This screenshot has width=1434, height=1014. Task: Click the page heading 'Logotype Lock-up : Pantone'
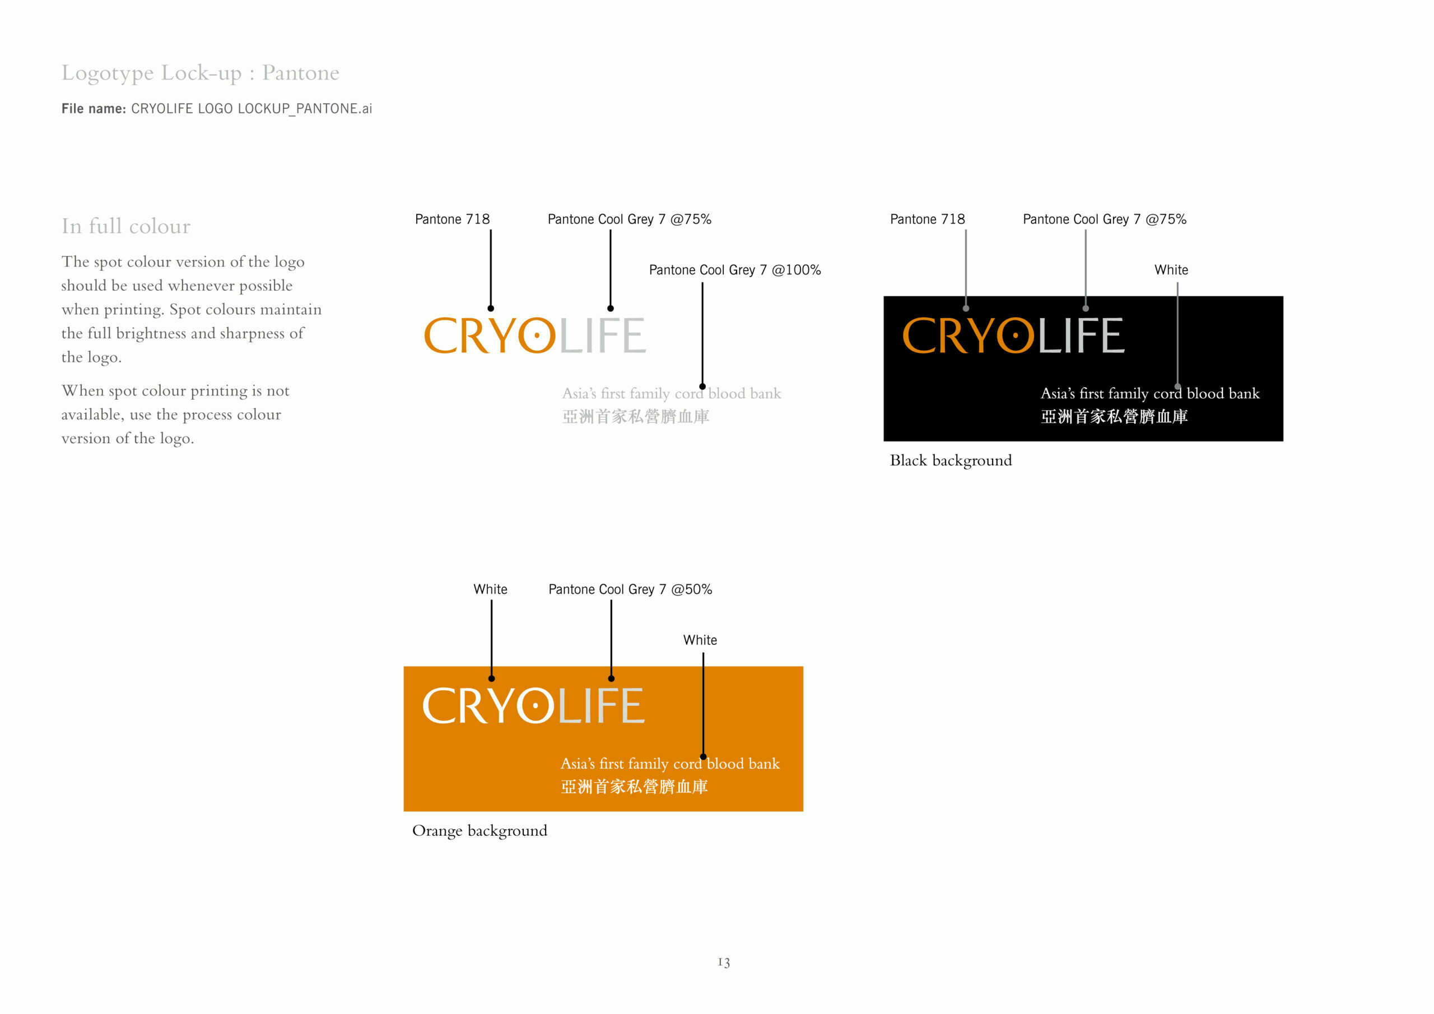tap(201, 73)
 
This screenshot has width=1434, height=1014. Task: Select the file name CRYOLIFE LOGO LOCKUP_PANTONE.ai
tap(252, 109)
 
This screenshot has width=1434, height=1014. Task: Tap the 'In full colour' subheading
tap(125, 226)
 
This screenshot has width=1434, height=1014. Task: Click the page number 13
tap(724, 962)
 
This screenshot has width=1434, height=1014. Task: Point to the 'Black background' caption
tap(951, 461)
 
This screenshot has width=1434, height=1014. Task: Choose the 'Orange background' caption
tap(479, 831)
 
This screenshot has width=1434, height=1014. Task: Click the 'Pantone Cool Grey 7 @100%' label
tap(735, 270)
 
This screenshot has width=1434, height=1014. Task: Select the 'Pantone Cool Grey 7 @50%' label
tap(630, 589)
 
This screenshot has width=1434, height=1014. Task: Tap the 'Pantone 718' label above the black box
tap(928, 219)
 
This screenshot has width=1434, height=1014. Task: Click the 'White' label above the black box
tap(1171, 270)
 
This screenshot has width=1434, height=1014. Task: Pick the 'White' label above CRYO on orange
tap(490, 589)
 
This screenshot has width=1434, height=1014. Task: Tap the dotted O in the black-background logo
tap(1016, 336)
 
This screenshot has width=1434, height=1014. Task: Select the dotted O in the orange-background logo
tap(536, 706)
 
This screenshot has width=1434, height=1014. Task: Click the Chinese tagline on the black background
tap(1114, 417)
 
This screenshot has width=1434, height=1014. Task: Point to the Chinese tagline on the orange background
tap(635, 787)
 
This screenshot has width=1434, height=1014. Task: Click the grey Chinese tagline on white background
tap(636, 417)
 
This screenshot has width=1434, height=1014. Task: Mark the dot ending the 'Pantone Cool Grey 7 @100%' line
tap(702, 387)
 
